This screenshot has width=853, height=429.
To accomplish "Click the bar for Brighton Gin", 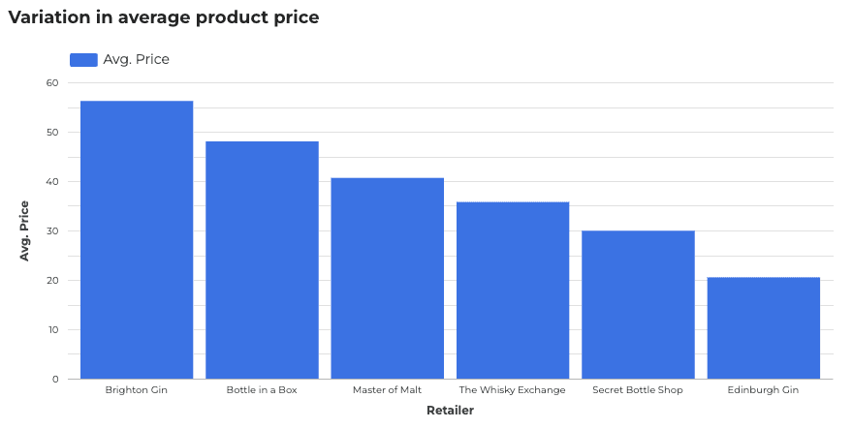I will coord(137,239).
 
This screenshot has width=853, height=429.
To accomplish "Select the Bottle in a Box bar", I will coord(262,260).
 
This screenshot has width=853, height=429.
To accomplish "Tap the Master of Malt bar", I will coord(387,278).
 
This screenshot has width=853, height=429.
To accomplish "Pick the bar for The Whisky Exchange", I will coord(513,290).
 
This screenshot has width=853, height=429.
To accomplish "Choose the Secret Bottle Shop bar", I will coord(638,304).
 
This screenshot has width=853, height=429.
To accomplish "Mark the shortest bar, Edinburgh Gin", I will coord(764,327).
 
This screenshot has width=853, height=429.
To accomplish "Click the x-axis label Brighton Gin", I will coord(137,390).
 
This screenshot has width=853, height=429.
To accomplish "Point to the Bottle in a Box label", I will coord(262,390).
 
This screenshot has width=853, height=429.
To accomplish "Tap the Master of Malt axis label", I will coord(387,390).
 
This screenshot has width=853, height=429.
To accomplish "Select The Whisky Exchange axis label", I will coord(513,390).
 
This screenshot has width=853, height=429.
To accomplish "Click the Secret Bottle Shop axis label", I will coord(638,390).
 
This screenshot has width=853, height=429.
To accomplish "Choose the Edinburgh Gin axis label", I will coord(764,390).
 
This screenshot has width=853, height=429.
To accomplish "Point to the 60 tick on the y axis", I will coord(51,83).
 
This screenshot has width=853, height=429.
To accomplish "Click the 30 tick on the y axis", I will coord(51,231).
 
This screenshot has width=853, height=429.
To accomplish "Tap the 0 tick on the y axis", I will coord(55,380).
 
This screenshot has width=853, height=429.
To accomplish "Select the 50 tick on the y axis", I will coord(51,133).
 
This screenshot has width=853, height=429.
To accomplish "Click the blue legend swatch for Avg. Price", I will coord(83,60).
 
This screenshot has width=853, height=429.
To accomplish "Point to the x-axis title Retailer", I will coord(450,411).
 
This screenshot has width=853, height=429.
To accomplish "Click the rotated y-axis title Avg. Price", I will coord(25,230).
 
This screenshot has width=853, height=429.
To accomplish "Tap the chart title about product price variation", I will coord(164,17).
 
